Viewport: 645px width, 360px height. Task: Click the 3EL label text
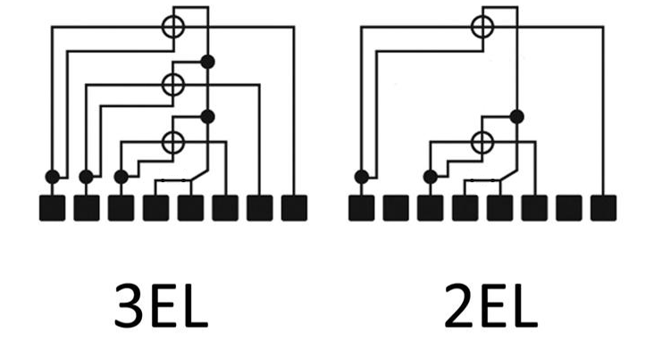click(161, 306)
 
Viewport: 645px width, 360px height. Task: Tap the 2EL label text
click(490, 306)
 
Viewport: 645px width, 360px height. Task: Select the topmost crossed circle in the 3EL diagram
click(173, 27)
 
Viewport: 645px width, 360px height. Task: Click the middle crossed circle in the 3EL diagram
click(173, 85)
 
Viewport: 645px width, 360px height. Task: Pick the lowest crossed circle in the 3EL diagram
click(173, 142)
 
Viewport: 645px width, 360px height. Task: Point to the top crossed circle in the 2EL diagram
click(482, 27)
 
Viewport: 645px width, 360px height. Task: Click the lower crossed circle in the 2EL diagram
click(482, 142)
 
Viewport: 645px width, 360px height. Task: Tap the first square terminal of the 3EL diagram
click(52, 208)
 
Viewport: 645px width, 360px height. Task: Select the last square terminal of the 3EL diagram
click(294, 208)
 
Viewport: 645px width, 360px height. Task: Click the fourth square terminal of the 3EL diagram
click(156, 208)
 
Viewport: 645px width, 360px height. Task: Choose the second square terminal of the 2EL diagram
click(396, 208)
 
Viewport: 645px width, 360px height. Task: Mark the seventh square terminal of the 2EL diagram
click(569, 208)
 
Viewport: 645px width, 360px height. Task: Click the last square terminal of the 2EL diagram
click(603, 208)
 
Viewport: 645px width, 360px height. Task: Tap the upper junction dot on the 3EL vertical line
click(208, 62)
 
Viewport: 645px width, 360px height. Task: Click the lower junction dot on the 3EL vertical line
click(208, 117)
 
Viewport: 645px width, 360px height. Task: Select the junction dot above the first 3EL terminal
click(52, 177)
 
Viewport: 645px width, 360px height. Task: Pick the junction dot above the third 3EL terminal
click(121, 177)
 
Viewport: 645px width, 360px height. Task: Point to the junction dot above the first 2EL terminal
click(362, 177)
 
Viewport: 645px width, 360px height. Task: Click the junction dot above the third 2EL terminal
click(431, 177)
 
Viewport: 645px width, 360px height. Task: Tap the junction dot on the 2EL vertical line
click(517, 117)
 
